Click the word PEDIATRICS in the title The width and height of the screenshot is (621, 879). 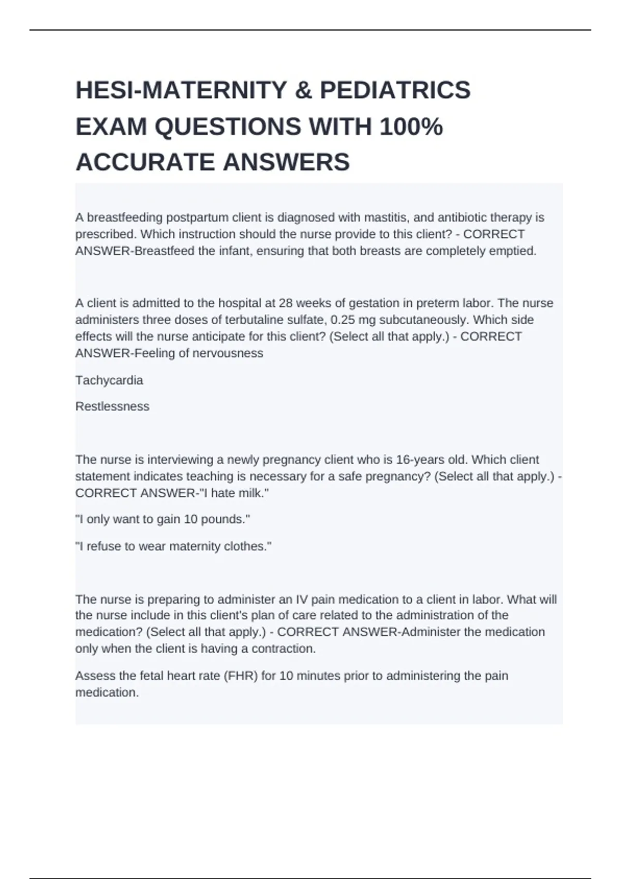[x=395, y=90]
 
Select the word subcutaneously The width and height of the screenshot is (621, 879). [x=423, y=320]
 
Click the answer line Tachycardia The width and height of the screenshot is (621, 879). [x=109, y=381]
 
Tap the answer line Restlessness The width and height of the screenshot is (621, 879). [x=112, y=406]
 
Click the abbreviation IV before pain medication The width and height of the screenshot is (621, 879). [x=302, y=600]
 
